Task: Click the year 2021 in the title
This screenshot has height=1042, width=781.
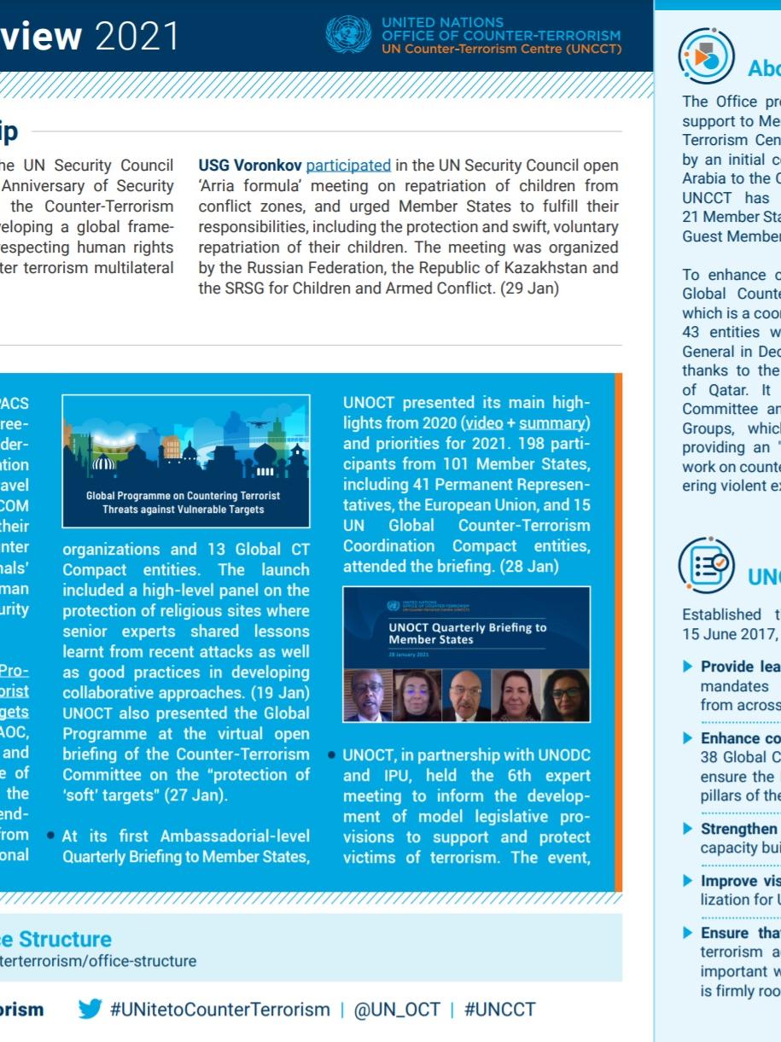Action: [137, 36]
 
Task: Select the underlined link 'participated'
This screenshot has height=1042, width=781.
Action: [348, 165]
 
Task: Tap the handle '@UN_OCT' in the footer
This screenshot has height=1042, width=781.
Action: [396, 1010]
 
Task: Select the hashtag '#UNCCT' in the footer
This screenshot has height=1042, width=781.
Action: [499, 1010]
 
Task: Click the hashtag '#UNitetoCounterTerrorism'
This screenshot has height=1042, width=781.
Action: [219, 1010]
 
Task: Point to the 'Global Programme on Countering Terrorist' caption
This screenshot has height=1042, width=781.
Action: [184, 495]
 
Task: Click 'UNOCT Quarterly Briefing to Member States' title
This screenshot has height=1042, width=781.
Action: [467, 632]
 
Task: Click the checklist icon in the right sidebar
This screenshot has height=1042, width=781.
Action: [705, 564]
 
